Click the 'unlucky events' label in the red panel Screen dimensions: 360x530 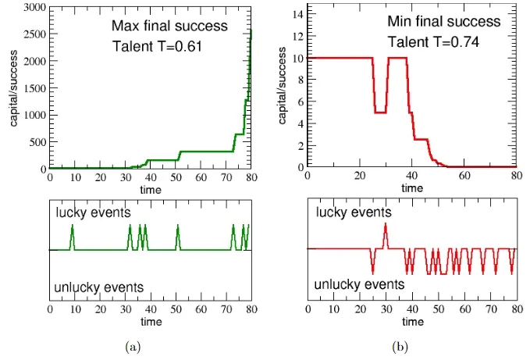click(359, 285)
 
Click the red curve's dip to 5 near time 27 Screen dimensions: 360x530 click(379, 112)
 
